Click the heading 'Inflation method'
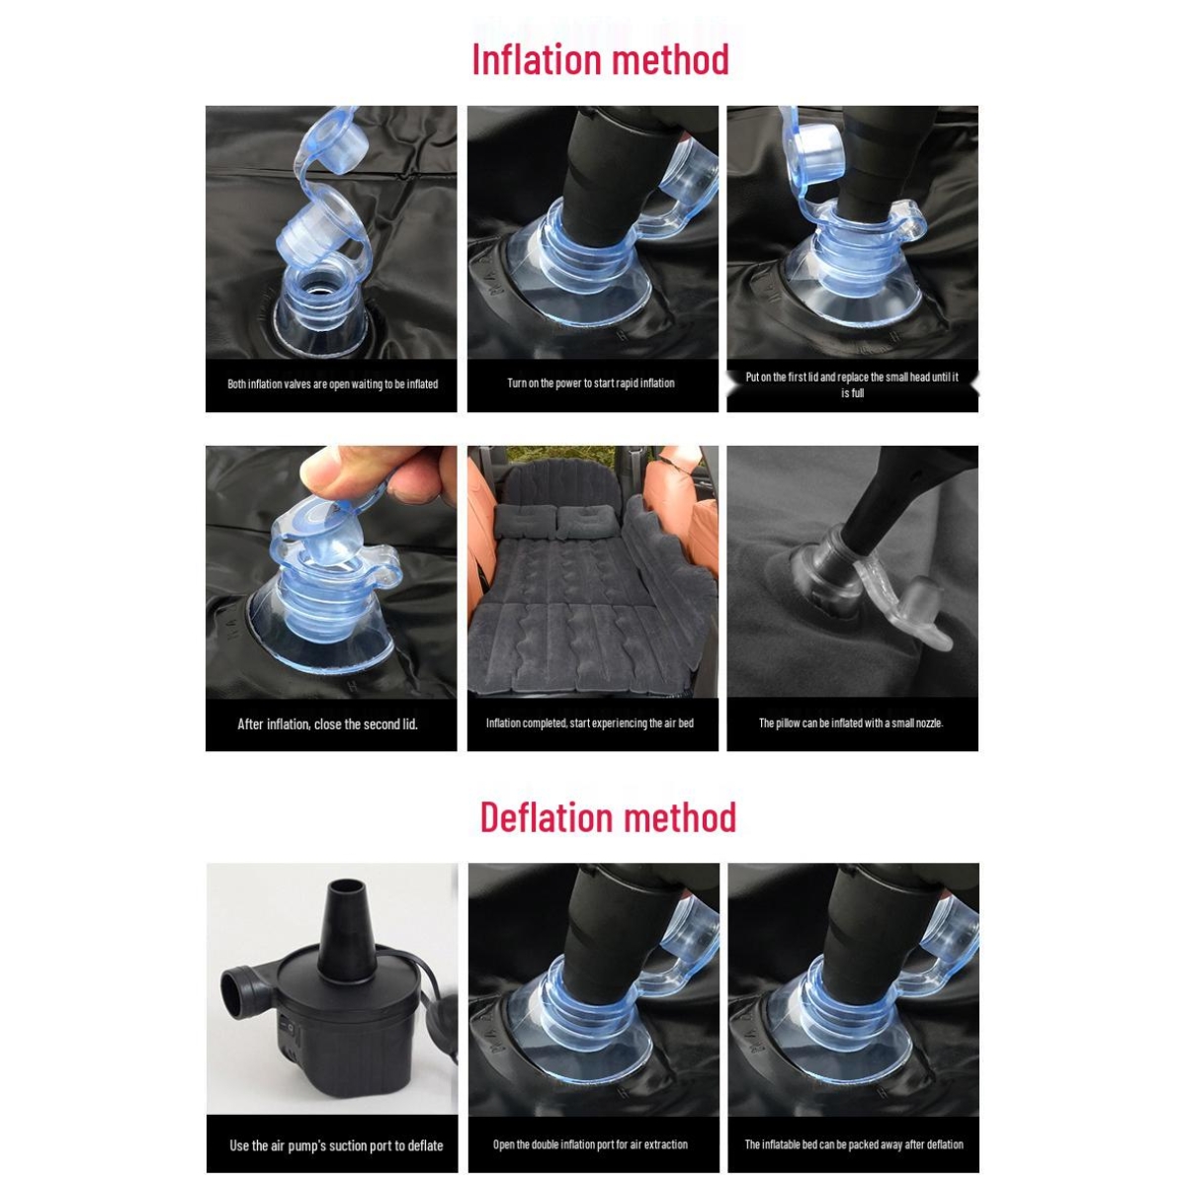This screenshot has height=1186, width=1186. [x=600, y=59]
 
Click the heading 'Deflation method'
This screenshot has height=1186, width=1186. [x=608, y=816]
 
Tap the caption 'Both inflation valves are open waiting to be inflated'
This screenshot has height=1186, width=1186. [x=332, y=384]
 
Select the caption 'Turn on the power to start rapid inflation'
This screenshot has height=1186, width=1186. [x=591, y=382]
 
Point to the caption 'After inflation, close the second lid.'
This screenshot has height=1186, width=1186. [x=327, y=723]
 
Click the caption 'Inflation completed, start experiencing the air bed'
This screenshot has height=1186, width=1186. [x=590, y=722]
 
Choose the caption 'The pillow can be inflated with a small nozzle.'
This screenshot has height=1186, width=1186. [x=851, y=722]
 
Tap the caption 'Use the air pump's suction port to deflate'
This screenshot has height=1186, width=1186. [x=336, y=1145]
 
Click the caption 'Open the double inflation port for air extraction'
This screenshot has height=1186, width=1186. [x=590, y=1144]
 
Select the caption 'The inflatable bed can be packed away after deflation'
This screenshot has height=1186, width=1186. [x=854, y=1144]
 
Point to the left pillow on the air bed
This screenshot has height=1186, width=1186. [x=525, y=521]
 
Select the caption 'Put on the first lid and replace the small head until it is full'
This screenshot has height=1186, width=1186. [x=852, y=384]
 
